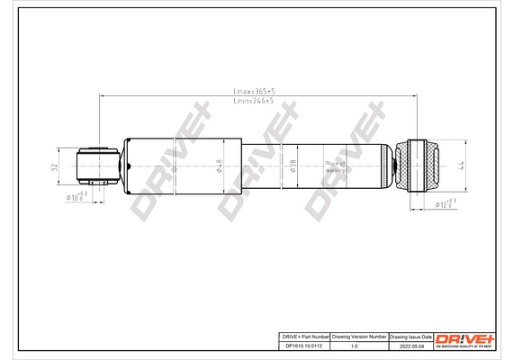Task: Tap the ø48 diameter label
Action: click(x=219, y=166)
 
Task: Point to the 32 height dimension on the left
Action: click(x=54, y=166)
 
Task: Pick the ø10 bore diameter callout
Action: click(x=76, y=197)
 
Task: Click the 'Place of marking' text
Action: click(x=336, y=165)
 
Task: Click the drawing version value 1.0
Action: click(x=359, y=345)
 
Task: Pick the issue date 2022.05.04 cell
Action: click(x=410, y=345)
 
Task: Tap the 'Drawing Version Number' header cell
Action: click(x=359, y=335)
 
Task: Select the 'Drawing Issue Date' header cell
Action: click(x=410, y=335)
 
